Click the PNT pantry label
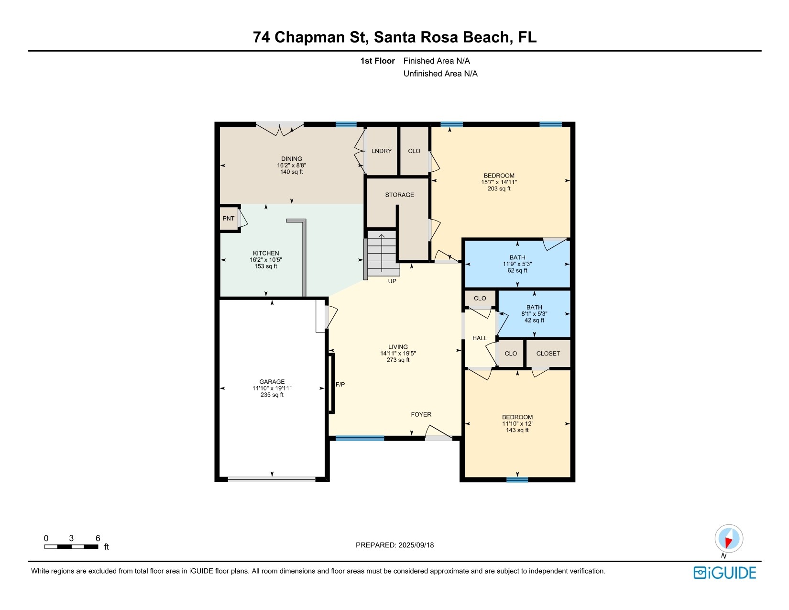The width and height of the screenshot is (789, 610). pos(229,218)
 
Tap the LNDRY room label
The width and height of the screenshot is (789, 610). pos(381,151)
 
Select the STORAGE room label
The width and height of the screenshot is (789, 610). pos(399,195)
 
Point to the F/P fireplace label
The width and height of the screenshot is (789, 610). pos(340,384)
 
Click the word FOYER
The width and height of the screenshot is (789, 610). pos(421,414)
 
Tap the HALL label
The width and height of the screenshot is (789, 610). pos(480,338)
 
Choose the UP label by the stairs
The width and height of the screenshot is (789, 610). pos(392,281)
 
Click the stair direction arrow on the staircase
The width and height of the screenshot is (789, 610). pos(382,253)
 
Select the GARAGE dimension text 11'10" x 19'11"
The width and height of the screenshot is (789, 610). pos(272,388)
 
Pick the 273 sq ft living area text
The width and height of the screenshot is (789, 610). pos(398,360)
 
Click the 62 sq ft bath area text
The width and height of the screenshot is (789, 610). pos(517,270)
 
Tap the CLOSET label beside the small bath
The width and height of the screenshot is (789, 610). pos(548,354)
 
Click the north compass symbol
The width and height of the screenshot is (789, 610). pos(729,538)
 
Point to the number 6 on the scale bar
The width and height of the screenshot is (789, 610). pos(98,538)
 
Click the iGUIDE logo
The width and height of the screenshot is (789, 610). pos(725,573)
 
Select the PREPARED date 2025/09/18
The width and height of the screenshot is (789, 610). pos(416,545)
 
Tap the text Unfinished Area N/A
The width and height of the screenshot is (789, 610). pos(440,74)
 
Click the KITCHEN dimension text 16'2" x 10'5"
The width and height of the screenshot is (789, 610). pos(266,260)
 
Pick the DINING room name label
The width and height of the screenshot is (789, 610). pos(292,159)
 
